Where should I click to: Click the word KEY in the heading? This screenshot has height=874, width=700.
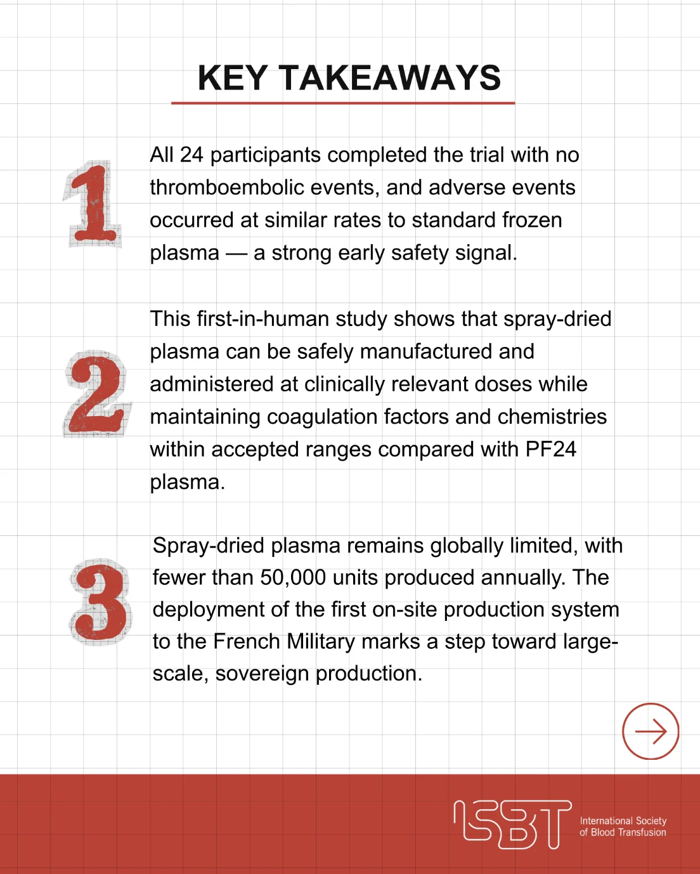point(232,77)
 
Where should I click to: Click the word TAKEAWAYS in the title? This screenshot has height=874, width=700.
point(390,77)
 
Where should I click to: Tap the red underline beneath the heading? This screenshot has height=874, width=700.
point(343,103)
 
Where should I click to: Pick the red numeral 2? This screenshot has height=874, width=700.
point(96,395)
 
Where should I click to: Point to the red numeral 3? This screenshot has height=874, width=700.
point(101,601)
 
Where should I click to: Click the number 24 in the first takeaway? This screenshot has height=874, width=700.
point(191,155)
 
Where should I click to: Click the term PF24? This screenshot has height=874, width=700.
point(550,450)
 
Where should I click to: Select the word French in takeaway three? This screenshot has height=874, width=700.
point(247,642)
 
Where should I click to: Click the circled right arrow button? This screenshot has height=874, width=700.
point(651,731)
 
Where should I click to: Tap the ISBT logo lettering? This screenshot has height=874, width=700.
point(512,825)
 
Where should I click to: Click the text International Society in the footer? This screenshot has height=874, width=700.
point(623,821)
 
